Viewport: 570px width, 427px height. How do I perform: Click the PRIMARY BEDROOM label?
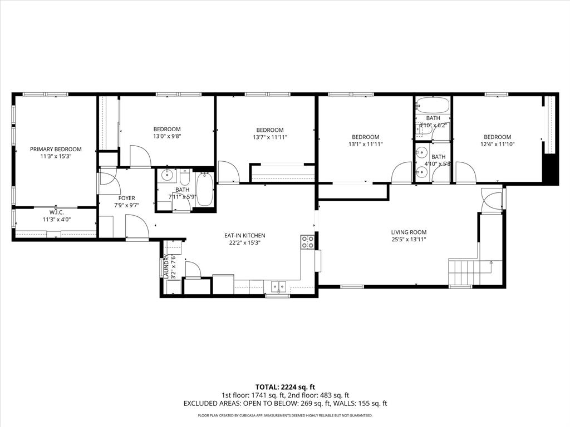56,149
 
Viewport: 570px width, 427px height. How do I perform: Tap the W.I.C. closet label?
56,212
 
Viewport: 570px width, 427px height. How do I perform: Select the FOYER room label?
126,198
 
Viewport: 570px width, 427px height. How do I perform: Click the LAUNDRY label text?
166,266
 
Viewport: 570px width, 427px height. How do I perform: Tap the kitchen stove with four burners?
307,242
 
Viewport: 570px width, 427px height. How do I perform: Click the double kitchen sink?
278,286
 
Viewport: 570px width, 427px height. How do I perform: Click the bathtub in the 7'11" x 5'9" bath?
204,190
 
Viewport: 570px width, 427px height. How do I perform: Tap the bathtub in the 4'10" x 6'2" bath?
432,105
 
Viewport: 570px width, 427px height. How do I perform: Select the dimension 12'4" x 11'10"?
497,145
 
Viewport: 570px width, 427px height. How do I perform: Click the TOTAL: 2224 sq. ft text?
285,387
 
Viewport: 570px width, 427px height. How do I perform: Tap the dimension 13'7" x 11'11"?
270,137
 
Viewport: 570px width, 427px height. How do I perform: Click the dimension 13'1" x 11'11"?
365,145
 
